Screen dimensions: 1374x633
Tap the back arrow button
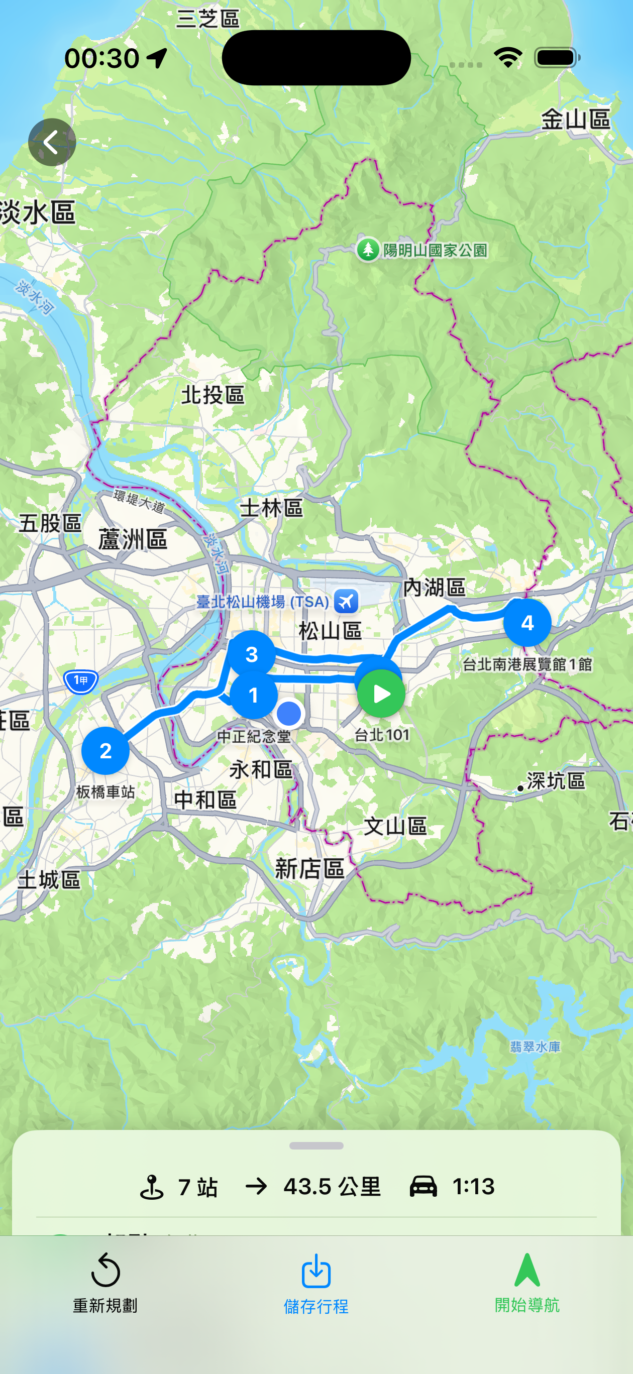point(52,143)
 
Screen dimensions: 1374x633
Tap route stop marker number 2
point(105,750)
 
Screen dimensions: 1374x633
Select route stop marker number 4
point(527,622)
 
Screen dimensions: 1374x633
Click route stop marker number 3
point(251,654)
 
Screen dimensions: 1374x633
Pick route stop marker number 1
point(254,695)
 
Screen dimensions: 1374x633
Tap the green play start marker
point(381,694)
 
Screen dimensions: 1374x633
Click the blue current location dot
point(289,714)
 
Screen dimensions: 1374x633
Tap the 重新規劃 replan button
point(105,1283)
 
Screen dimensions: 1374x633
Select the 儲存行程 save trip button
point(316,1283)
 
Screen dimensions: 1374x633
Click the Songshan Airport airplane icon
point(346,602)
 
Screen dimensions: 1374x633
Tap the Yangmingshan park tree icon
point(368,250)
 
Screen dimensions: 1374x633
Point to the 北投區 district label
point(213,395)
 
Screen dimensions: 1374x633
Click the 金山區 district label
point(575,120)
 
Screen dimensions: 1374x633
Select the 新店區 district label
point(309,869)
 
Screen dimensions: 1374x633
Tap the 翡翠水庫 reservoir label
point(535,1047)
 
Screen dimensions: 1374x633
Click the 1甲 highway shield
point(80,680)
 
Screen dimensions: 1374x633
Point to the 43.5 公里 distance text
point(332,1187)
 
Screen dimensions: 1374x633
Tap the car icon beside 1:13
point(423,1186)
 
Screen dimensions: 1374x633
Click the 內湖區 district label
point(434,587)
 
